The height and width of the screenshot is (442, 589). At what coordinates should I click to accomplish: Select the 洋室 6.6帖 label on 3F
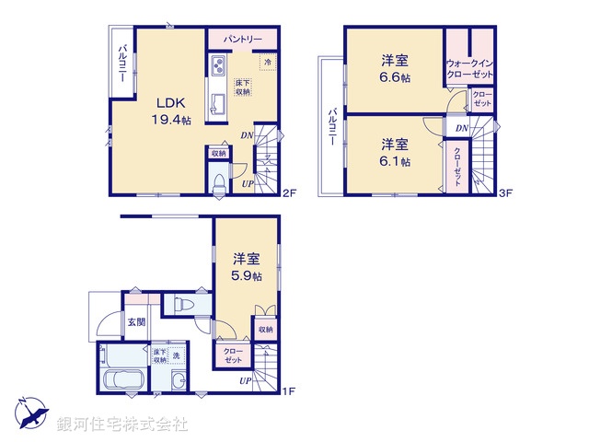(x=396, y=68)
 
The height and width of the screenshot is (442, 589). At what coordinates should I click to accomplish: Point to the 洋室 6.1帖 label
(x=396, y=151)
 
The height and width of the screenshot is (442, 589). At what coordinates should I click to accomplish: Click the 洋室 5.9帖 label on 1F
(x=246, y=266)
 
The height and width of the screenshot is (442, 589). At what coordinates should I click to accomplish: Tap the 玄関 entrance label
(x=136, y=321)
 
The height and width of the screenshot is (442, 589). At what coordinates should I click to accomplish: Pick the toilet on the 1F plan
(x=183, y=304)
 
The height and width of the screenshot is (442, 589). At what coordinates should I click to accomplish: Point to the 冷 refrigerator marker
(x=268, y=62)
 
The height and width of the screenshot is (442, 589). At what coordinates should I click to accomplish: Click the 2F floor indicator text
(x=288, y=192)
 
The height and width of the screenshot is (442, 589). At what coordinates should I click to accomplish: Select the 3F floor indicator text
(x=504, y=192)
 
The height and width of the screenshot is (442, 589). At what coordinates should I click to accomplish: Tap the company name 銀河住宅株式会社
(x=123, y=425)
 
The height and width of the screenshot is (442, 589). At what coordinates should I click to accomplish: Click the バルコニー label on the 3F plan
(x=330, y=125)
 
